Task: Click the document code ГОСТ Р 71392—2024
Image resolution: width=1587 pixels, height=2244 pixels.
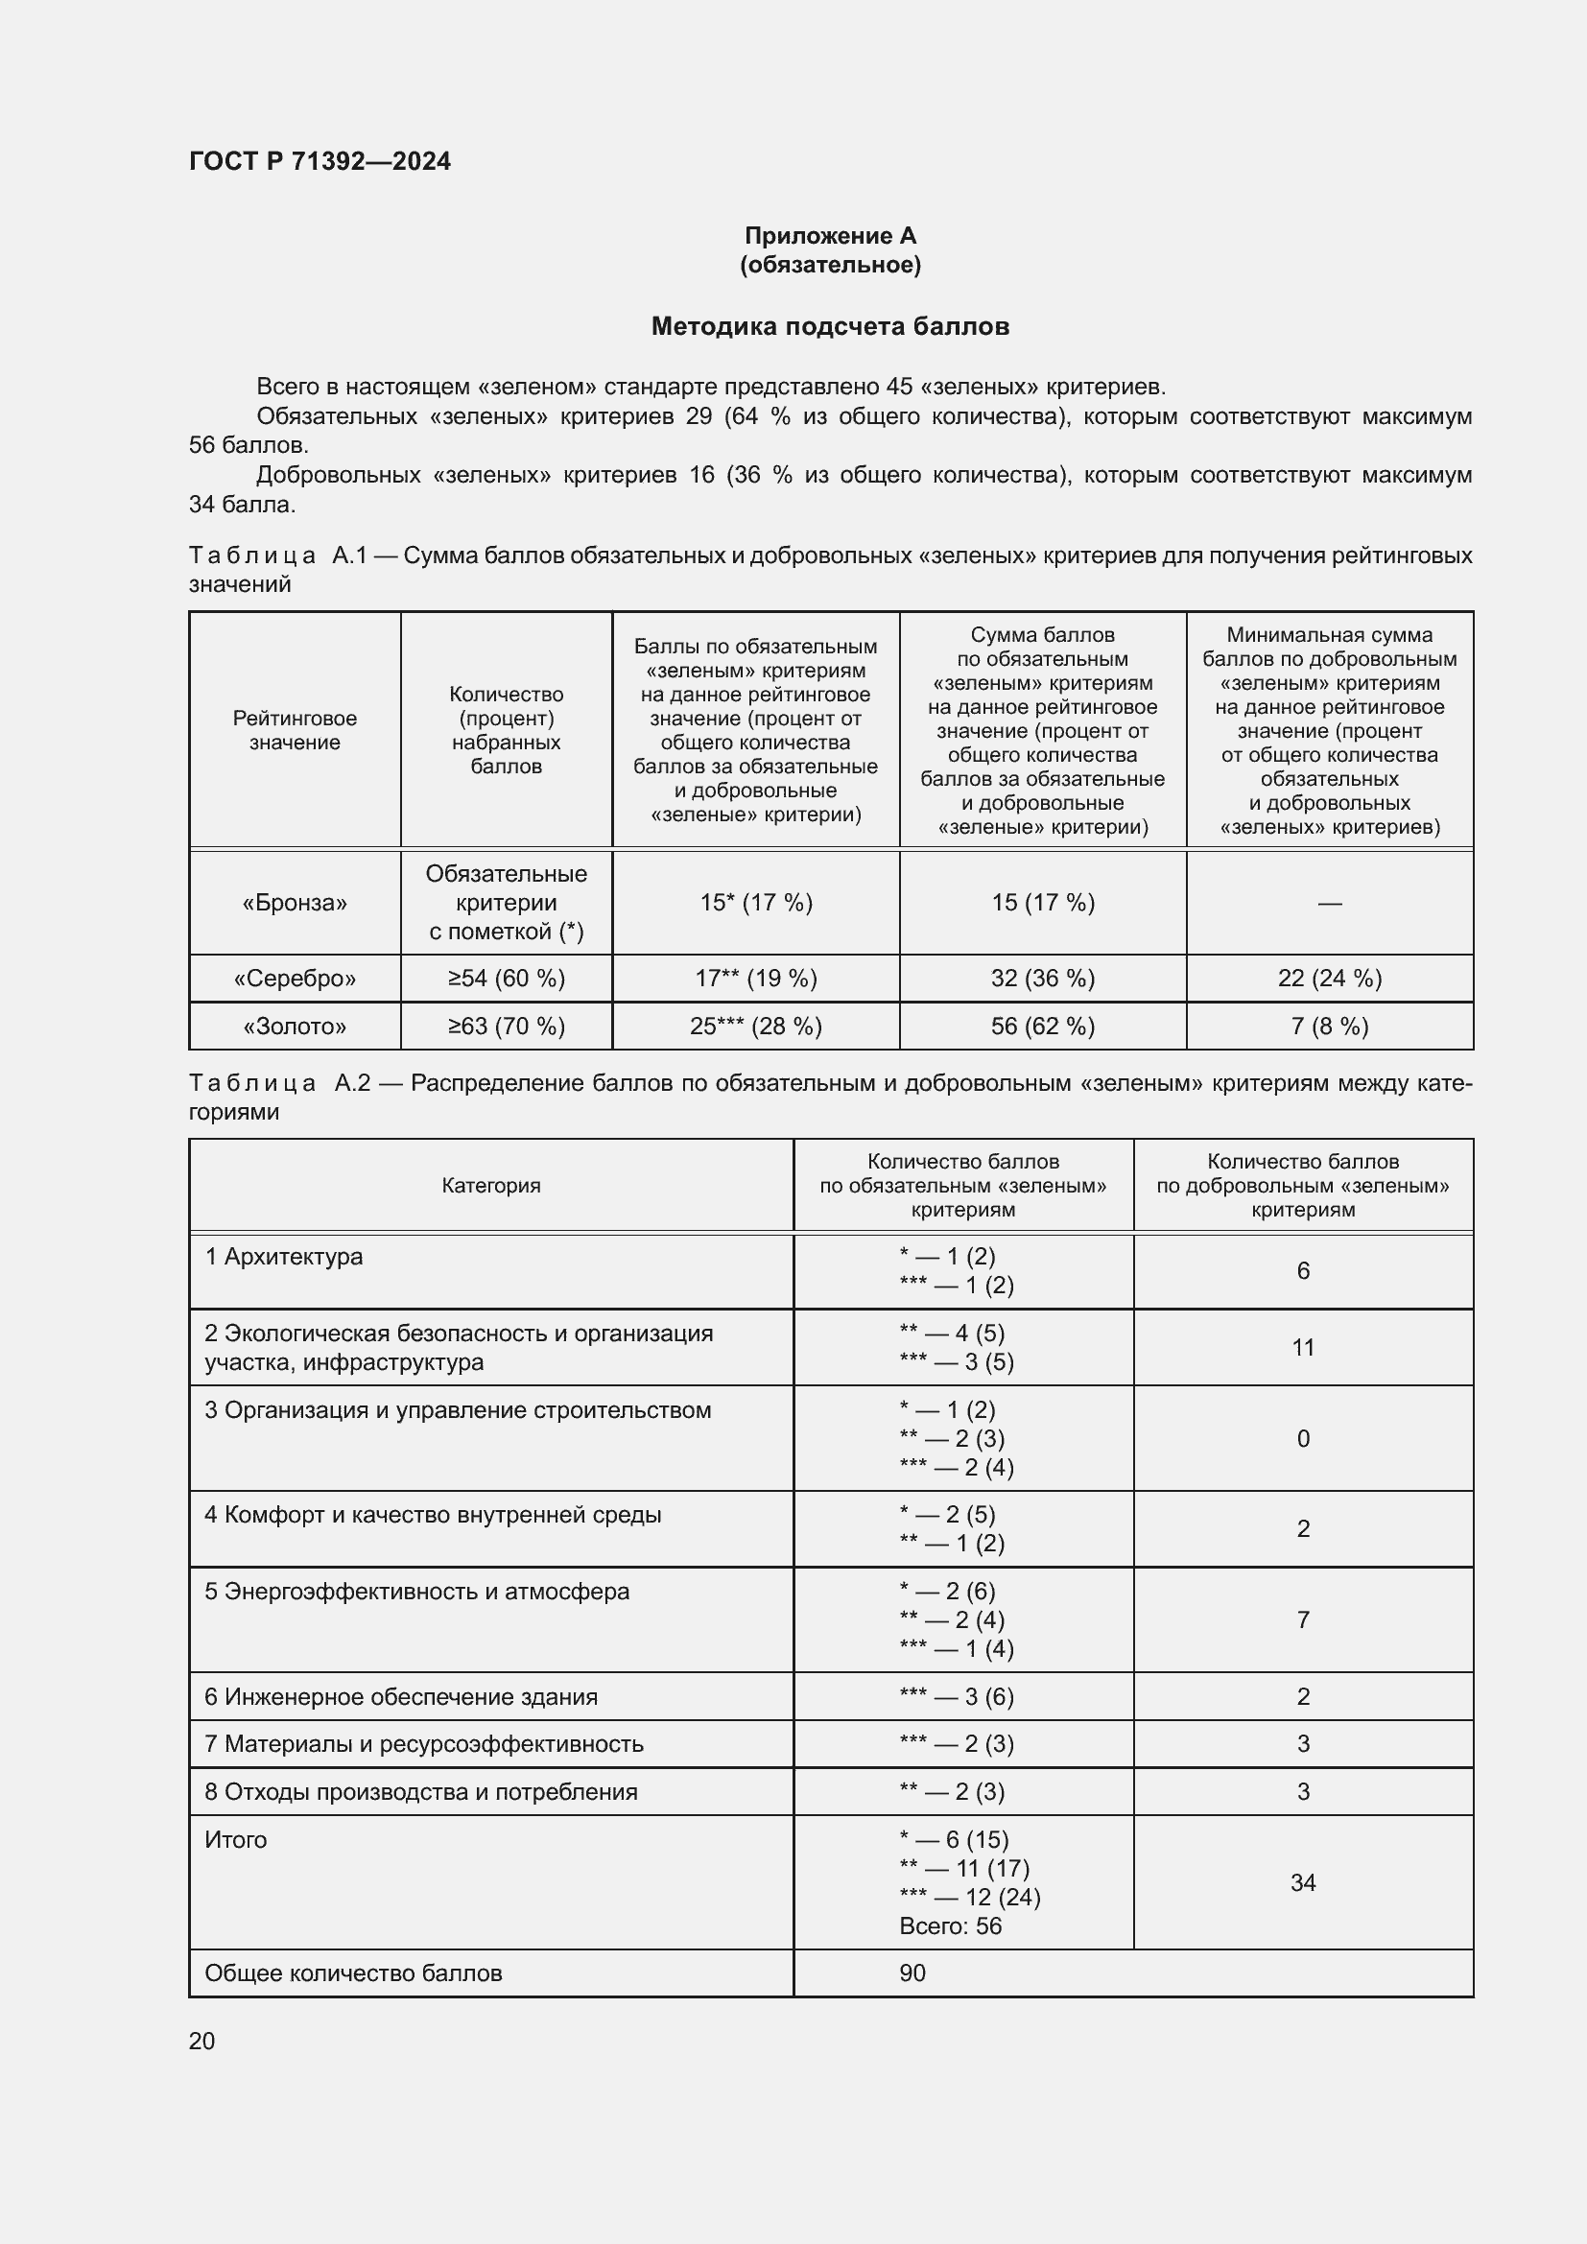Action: tap(320, 161)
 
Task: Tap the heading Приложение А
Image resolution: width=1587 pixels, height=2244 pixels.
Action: tap(830, 236)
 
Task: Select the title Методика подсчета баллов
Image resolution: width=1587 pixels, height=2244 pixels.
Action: tap(830, 326)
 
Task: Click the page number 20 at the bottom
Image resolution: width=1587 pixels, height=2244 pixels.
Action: tap(201, 2041)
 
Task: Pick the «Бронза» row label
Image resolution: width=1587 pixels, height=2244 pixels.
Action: tap(295, 902)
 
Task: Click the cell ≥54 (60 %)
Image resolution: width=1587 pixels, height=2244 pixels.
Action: tap(507, 979)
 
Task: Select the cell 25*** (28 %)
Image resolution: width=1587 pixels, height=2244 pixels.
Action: tap(755, 1027)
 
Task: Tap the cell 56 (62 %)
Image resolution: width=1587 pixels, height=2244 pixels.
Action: tap(1043, 1027)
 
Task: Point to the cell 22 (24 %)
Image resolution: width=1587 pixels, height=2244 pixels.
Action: tap(1329, 979)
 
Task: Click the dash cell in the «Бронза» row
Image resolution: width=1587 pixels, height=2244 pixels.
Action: tap(1329, 903)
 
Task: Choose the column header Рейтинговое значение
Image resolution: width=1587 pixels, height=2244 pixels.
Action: tap(295, 730)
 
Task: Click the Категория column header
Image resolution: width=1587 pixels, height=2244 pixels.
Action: tap(490, 1186)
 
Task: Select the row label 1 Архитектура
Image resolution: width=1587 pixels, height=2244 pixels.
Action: tap(283, 1257)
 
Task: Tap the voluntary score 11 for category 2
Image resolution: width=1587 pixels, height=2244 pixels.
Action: tap(1303, 1348)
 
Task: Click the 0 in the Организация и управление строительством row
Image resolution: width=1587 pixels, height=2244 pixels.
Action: tap(1303, 1439)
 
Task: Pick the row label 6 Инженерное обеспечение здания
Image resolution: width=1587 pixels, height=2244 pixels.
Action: tap(401, 1697)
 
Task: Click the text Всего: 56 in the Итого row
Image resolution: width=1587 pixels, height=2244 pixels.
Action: tap(950, 1926)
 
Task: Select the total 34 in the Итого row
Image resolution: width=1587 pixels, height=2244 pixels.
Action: tap(1303, 1882)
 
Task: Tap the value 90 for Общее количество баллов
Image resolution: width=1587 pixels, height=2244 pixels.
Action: tap(912, 1973)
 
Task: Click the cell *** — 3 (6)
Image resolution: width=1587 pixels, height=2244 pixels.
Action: tap(956, 1697)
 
